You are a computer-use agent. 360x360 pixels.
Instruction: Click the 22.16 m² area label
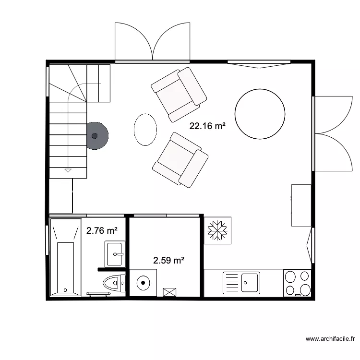tap(207, 126)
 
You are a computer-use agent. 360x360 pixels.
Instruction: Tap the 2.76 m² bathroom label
tap(102, 231)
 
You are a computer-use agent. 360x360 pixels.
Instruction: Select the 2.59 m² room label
tap(169, 261)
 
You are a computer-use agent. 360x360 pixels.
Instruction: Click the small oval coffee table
tap(145, 129)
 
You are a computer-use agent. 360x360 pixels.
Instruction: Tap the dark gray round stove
tap(96, 135)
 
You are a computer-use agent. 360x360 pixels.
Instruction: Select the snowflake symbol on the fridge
tap(217, 230)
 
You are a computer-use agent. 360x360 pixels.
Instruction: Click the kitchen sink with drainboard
tap(241, 282)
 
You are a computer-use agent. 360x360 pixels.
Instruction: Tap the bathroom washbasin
tap(115, 253)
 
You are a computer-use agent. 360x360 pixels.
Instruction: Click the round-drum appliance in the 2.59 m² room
tap(144, 283)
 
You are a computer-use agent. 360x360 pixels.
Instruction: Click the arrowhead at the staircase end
tap(68, 170)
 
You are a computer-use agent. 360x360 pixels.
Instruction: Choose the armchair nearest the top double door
tap(179, 93)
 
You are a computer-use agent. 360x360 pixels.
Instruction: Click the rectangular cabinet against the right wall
tap(301, 204)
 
